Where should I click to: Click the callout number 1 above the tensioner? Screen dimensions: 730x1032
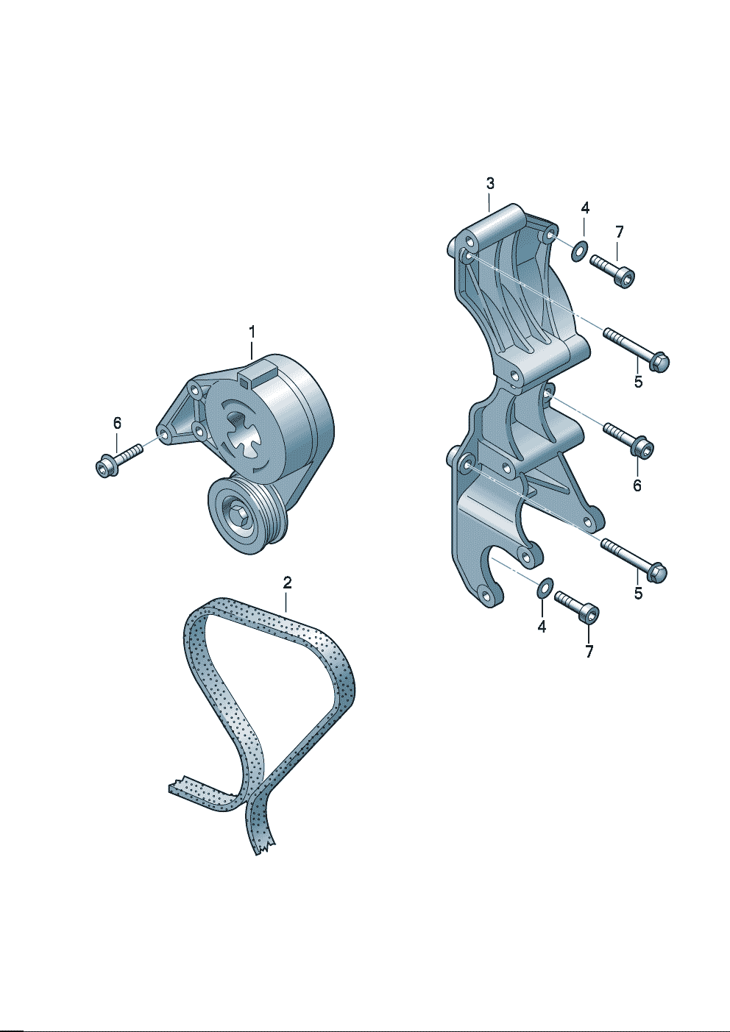click(x=252, y=332)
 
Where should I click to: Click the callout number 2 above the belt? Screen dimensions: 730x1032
click(x=287, y=583)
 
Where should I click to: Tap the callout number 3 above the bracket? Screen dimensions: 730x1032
click(x=490, y=183)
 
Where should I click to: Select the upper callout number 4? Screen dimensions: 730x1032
click(x=585, y=208)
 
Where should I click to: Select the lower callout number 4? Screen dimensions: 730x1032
click(x=542, y=626)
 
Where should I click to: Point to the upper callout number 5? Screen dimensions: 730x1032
click(x=638, y=382)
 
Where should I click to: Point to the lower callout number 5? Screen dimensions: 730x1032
click(x=638, y=593)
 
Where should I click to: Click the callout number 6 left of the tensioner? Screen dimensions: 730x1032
click(x=117, y=422)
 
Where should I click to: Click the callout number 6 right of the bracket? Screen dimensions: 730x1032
click(x=637, y=485)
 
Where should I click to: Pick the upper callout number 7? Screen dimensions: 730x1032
click(x=620, y=232)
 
